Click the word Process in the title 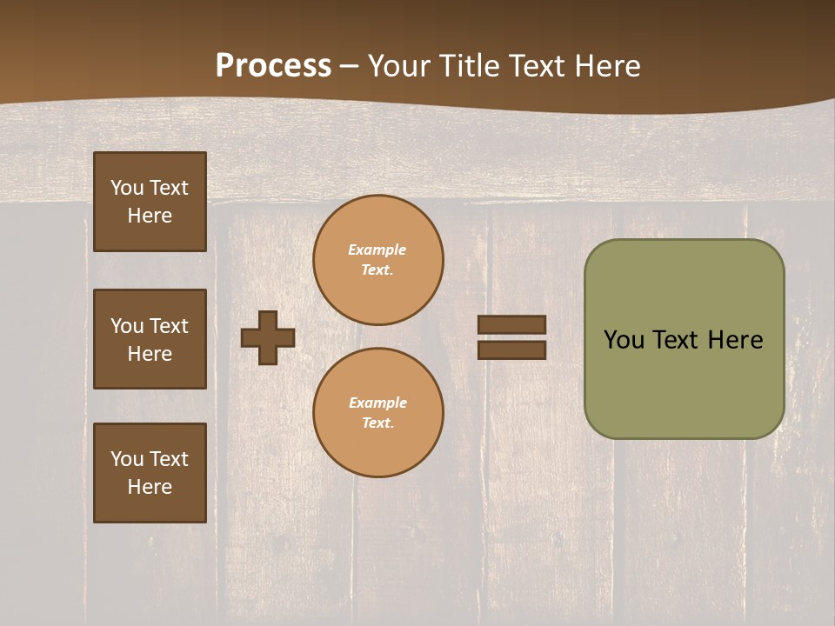(273, 66)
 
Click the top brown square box (150, 202)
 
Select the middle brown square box (150, 339)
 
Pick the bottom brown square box (150, 473)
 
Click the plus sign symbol (268, 337)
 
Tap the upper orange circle (378, 260)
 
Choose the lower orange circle (378, 413)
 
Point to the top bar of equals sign (512, 325)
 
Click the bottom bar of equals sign (512, 350)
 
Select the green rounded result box (684, 383)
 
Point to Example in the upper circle (377, 250)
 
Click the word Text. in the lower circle (377, 423)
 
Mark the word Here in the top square (150, 216)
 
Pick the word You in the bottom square (126, 459)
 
